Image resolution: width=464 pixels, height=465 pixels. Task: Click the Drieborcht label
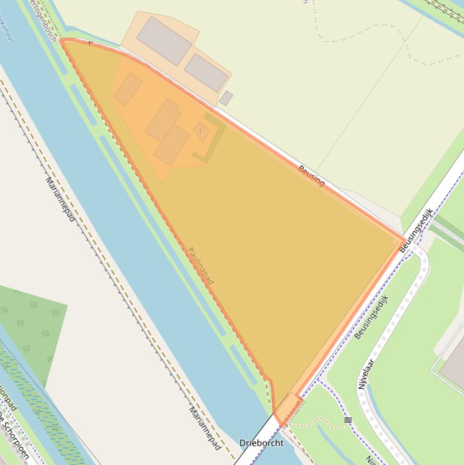(x=261, y=443)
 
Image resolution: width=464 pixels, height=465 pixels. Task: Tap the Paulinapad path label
(x=200, y=266)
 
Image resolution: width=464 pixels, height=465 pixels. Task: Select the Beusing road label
(x=311, y=175)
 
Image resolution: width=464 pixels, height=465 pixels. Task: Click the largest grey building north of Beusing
(x=164, y=40)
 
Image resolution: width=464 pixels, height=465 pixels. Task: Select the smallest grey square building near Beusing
(x=226, y=98)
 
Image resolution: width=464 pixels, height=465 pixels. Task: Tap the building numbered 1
(x=201, y=131)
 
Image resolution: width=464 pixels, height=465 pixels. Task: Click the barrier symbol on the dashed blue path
(x=348, y=419)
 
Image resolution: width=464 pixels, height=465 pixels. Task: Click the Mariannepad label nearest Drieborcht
(x=205, y=428)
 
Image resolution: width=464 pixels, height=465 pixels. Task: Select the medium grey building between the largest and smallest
(x=206, y=72)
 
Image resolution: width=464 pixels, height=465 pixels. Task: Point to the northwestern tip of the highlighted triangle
(x=62, y=41)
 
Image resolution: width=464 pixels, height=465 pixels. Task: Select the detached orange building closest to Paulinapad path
(x=127, y=89)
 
